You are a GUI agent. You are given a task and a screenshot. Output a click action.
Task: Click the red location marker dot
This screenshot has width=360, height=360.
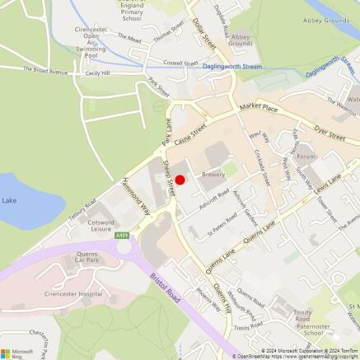coord(180,179)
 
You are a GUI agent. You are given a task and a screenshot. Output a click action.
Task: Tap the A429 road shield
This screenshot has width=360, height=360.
coord(122,236)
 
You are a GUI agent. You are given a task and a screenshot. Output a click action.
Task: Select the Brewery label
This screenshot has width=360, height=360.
coord(213,175)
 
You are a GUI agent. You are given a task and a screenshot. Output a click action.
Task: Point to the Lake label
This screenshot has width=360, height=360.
coord(9,200)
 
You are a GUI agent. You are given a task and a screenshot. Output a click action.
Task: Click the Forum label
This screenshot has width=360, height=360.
coord(306,156)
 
